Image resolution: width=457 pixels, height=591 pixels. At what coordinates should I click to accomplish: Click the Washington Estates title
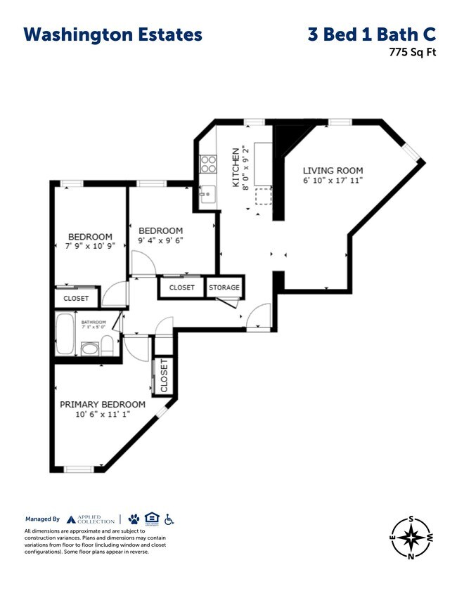click(112, 34)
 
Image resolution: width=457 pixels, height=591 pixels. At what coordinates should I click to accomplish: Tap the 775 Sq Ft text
click(413, 51)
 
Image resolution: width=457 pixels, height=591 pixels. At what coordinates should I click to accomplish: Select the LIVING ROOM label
click(333, 171)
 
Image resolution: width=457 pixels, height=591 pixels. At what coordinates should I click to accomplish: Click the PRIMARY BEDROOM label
click(103, 404)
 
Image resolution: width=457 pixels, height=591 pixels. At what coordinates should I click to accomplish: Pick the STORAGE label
click(224, 287)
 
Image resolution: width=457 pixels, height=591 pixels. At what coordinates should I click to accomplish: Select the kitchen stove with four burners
click(209, 164)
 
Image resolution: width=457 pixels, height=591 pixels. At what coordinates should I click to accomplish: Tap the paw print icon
click(134, 519)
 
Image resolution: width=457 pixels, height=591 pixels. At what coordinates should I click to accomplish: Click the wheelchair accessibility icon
click(169, 519)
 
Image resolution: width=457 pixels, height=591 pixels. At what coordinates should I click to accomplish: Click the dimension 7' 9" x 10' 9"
click(90, 247)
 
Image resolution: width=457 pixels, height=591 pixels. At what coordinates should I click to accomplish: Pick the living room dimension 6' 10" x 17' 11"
click(333, 181)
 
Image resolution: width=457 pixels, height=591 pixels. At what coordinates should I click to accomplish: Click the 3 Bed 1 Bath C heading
click(372, 34)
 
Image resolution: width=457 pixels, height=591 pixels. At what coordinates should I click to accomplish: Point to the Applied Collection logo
click(91, 519)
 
